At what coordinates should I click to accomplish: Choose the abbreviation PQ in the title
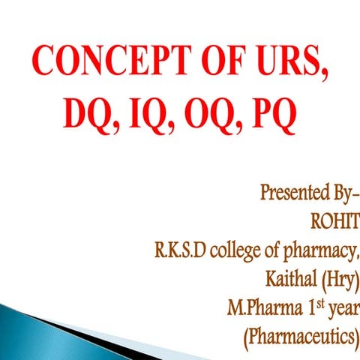[x=275, y=118]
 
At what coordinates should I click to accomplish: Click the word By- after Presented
[x=340, y=193]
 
